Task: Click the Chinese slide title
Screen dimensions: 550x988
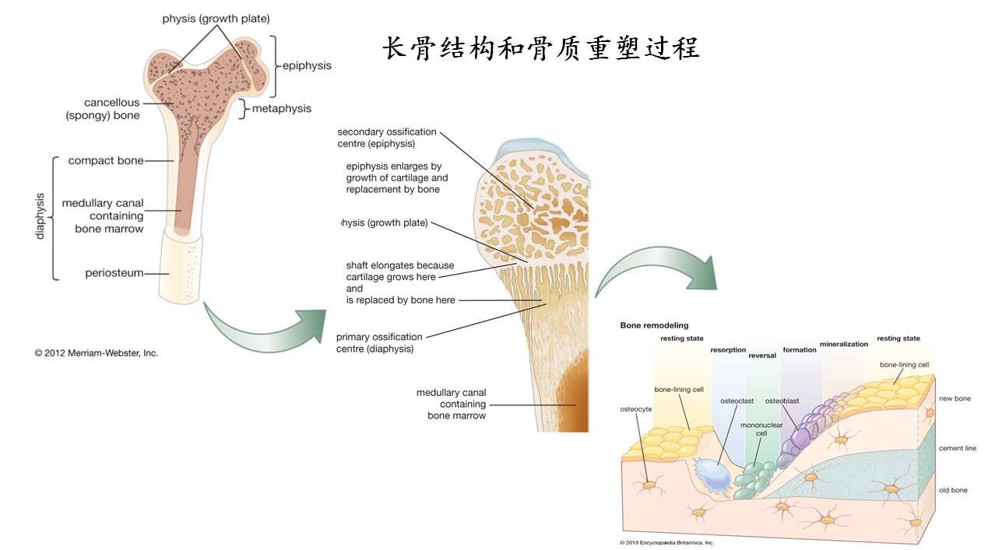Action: click(x=540, y=48)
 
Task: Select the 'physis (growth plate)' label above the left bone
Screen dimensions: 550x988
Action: click(x=216, y=18)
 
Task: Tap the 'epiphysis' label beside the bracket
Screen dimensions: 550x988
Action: click(x=306, y=66)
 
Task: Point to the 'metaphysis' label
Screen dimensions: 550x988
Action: click(x=281, y=109)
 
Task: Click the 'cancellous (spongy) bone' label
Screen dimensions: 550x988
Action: click(x=113, y=109)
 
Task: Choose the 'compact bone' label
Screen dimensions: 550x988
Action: click(x=106, y=161)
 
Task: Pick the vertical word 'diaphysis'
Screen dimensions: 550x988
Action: click(x=41, y=215)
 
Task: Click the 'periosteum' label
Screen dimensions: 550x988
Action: click(x=114, y=273)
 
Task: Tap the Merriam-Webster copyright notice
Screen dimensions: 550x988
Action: click(x=97, y=352)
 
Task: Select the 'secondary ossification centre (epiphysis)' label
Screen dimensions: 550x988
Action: click(x=387, y=138)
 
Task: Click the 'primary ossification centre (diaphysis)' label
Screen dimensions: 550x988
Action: click(x=379, y=343)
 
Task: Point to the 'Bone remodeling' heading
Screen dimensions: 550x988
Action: click(x=654, y=325)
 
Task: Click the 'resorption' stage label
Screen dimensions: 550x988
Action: click(x=728, y=350)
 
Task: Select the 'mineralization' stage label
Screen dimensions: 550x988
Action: click(x=843, y=344)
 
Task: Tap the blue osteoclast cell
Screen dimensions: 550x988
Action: click(x=712, y=474)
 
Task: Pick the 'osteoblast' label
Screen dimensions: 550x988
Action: click(x=782, y=401)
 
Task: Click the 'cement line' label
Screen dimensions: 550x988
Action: click(x=957, y=448)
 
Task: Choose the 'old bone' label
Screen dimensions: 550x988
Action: click(x=953, y=490)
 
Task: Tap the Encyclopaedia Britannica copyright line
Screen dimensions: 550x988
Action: click(x=666, y=542)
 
